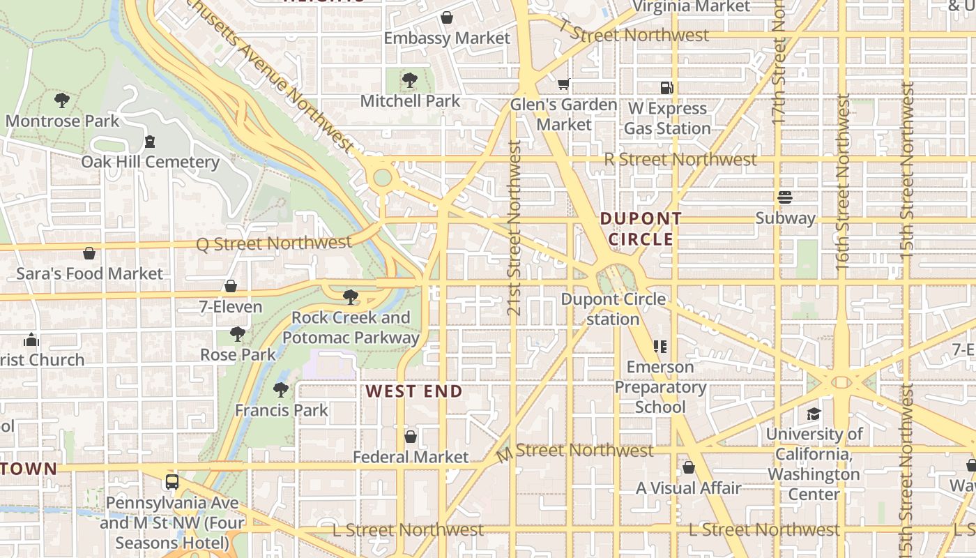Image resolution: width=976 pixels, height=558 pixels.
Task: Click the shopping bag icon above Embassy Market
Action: point(447,17)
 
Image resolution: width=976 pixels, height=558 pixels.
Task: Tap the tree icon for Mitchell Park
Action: point(410,81)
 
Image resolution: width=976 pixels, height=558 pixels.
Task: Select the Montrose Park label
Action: point(62,121)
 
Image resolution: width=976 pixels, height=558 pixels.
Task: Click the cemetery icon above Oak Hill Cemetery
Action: point(149,142)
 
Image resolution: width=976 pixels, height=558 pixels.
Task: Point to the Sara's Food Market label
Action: point(89,273)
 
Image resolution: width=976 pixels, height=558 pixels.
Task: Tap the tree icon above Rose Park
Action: point(238,334)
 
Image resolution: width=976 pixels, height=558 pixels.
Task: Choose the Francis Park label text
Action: point(281,410)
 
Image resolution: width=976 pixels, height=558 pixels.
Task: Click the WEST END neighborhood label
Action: point(414,391)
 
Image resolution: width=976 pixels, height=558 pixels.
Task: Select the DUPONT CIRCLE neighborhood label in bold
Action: point(641,229)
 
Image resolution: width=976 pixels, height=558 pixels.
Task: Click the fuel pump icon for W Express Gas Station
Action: point(667,88)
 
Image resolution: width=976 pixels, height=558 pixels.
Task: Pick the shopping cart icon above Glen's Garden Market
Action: point(563,84)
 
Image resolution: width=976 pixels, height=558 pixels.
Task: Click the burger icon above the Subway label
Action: point(785,198)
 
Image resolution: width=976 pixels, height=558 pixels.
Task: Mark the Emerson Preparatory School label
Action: point(660,386)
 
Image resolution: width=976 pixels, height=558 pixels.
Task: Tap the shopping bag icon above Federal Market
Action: point(411,437)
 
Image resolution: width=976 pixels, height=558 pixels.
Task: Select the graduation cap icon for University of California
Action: point(814,414)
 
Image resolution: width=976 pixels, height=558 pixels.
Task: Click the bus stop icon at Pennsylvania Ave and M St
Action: point(171,482)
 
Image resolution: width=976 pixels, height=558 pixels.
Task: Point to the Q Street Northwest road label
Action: point(274,243)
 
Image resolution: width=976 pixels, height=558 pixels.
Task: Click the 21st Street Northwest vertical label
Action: point(514,227)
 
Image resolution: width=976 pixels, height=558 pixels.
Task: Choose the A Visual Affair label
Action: point(688,488)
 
